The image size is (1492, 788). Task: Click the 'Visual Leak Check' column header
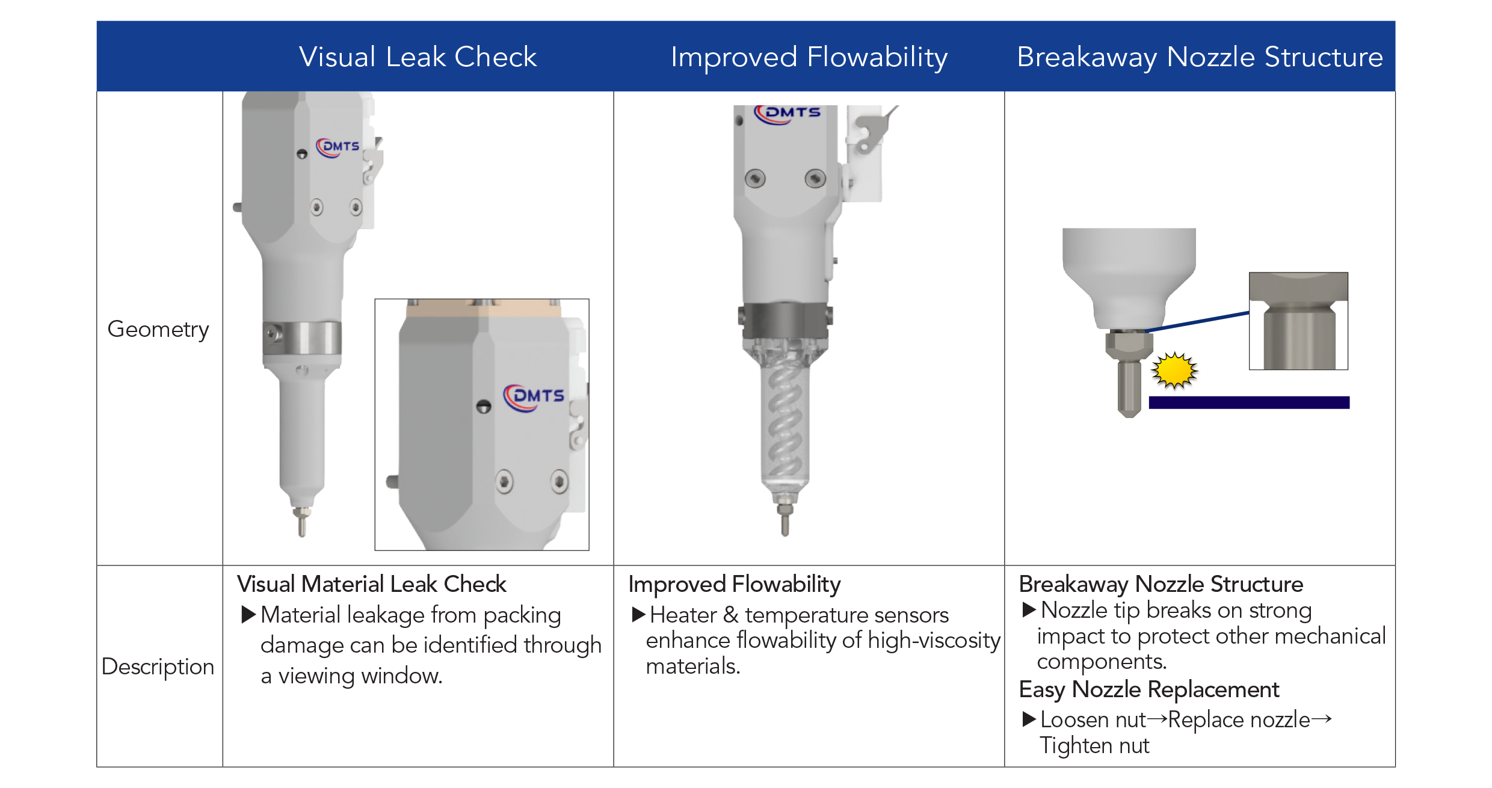click(x=418, y=57)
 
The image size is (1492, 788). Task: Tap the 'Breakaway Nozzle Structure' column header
click(x=1200, y=58)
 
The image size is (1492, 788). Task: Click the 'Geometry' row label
click(x=158, y=330)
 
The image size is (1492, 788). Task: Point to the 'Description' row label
click(x=158, y=666)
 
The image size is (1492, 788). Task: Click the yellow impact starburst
click(x=1174, y=370)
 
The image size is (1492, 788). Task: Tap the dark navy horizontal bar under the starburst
click(x=1249, y=402)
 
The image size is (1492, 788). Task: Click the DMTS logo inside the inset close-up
click(x=534, y=398)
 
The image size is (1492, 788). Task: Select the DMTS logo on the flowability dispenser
click(x=788, y=114)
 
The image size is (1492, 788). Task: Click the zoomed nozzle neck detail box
click(x=1298, y=321)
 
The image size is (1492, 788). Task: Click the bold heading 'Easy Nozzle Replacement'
click(x=1149, y=689)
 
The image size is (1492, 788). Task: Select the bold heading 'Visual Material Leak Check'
click(x=372, y=584)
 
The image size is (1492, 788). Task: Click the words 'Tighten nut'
click(x=1094, y=746)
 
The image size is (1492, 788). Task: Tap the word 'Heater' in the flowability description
click(x=683, y=615)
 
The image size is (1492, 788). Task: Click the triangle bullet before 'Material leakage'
click(x=248, y=615)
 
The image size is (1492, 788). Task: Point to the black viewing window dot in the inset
click(x=484, y=407)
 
